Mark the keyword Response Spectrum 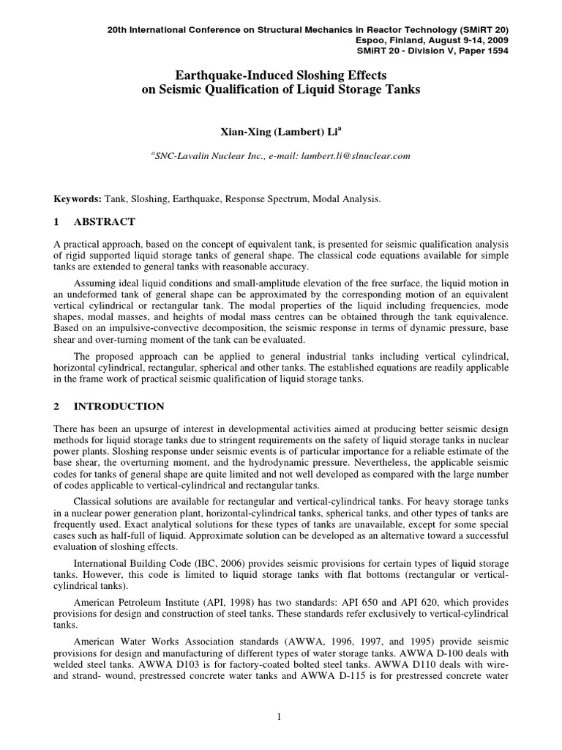click(x=280, y=198)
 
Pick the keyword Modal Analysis click(x=354, y=198)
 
